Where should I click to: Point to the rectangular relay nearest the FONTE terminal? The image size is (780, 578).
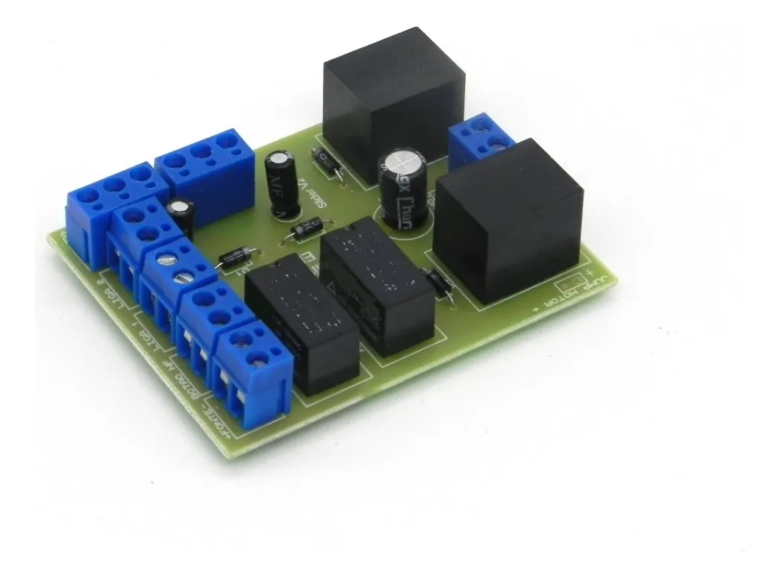(302, 325)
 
